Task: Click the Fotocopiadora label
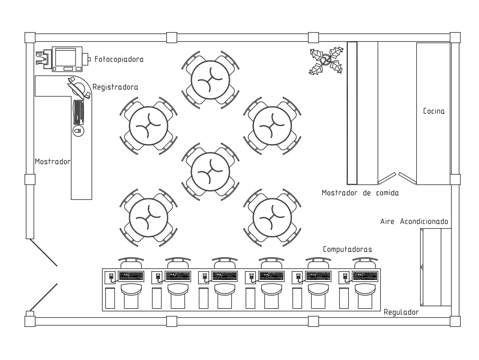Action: (x=119, y=59)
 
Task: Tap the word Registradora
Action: (x=115, y=87)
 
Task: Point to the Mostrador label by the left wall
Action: (x=53, y=162)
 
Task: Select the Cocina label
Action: (x=434, y=111)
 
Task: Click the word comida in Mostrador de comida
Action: (x=387, y=193)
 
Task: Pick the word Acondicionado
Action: (x=424, y=221)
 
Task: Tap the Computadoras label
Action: (x=347, y=249)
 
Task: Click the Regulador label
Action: (x=401, y=312)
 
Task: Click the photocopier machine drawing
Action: (x=64, y=59)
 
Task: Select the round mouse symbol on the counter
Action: (x=79, y=131)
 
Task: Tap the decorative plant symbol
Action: (x=326, y=60)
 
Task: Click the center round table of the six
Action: (x=210, y=172)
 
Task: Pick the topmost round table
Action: (x=210, y=80)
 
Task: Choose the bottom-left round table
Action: (x=148, y=218)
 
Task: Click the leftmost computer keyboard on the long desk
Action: (x=131, y=276)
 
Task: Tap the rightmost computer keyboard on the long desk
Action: (x=365, y=276)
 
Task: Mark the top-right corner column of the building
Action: (x=455, y=37)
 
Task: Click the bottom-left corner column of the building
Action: (x=30, y=322)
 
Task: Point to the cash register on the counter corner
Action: (x=79, y=88)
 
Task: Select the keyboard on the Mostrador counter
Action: (x=79, y=112)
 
